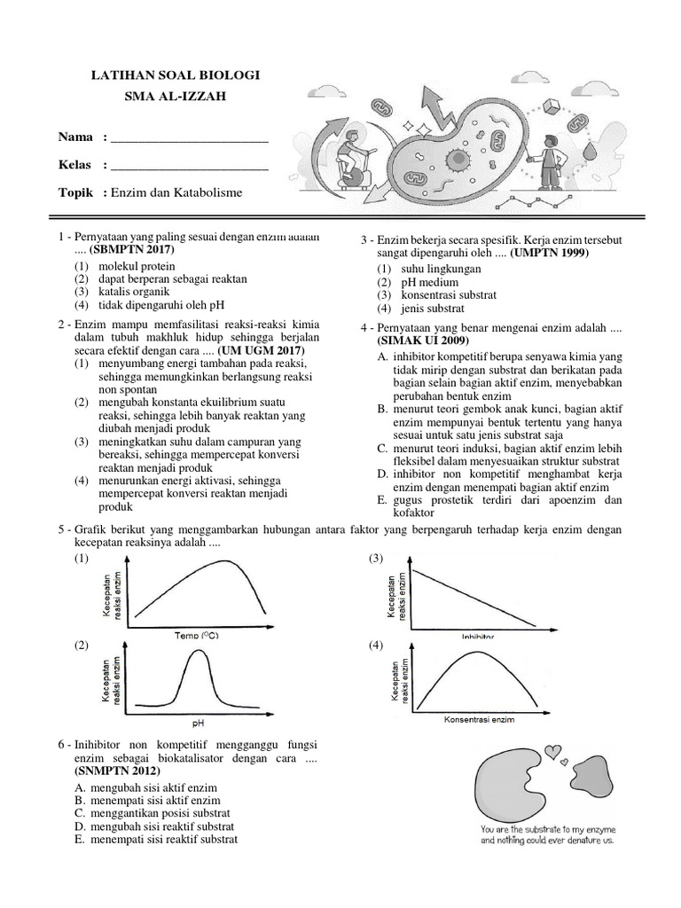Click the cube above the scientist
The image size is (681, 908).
[x=551, y=107]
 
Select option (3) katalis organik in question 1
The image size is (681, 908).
[x=124, y=291]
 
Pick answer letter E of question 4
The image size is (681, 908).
[x=381, y=500]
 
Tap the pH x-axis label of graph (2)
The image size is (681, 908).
[x=198, y=721]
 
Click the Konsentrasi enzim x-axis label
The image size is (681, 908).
[x=479, y=719]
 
